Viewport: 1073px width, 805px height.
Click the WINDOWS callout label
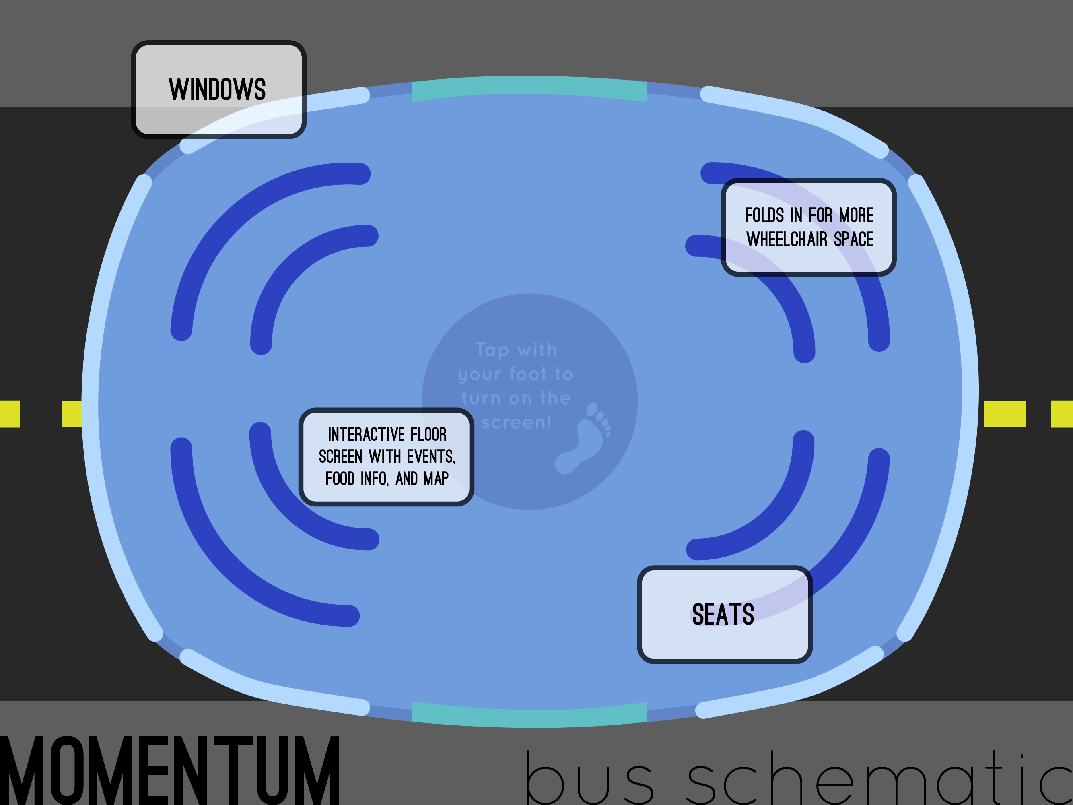tap(218, 90)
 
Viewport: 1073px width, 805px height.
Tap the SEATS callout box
tap(725, 614)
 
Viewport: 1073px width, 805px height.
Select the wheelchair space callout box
tap(809, 227)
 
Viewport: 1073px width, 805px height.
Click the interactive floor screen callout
tap(387, 456)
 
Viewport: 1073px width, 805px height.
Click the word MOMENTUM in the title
tap(170, 770)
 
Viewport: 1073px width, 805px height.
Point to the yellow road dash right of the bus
tap(1005, 414)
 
